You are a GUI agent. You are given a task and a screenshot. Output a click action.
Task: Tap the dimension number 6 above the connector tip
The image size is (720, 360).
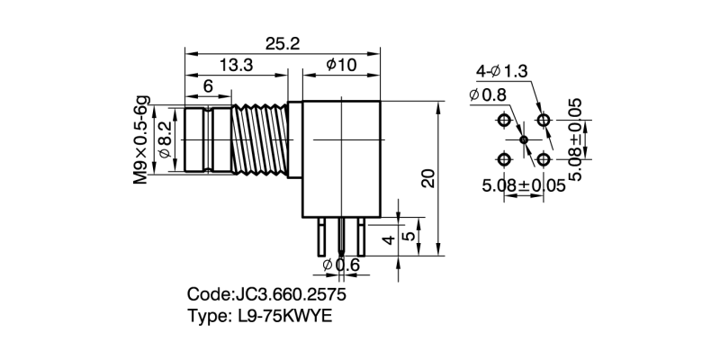(x=208, y=86)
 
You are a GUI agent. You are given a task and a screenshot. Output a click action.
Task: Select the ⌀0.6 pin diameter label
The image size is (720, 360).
(x=340, y=265)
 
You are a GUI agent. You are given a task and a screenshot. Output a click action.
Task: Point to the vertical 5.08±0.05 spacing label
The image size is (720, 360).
(x=576, y=139)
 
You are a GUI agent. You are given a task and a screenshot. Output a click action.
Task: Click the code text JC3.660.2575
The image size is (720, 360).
(x=266, y=294)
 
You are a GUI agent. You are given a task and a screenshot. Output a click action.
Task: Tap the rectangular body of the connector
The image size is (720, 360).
(x=342, y=157)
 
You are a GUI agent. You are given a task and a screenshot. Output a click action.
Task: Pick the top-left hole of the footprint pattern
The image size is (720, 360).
(x=504, y=120)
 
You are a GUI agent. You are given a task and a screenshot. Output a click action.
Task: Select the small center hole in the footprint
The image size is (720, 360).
(x=524, y=139)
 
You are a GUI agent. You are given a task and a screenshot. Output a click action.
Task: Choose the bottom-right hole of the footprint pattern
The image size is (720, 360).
(x=544, y=159)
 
